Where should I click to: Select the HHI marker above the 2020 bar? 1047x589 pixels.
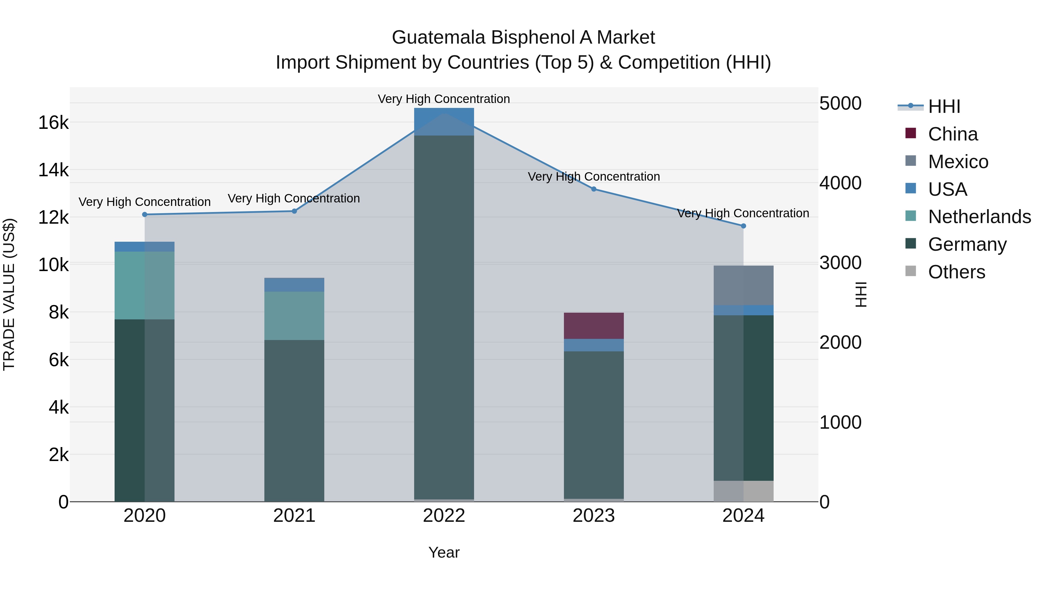[x=145, y=215]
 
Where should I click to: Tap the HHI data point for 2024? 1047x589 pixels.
[x=743, y=226]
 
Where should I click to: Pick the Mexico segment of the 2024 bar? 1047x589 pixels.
[x=743, y=285]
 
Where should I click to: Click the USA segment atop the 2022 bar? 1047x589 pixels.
[x=444, y=121]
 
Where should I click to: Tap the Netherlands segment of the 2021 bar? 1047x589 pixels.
[x=294, y=316]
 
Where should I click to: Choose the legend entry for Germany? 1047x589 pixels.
[x=967, y=244]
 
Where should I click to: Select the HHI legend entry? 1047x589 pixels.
[x=944, y=106]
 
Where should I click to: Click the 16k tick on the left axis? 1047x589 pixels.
[x=53, y=122]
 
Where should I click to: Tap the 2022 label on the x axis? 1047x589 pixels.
[x=444, y=516]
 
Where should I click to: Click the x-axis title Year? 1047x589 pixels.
[x=444, y=552]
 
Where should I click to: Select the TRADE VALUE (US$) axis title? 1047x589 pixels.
[x=9, y=294]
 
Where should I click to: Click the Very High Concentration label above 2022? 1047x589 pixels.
[x=444, y=99]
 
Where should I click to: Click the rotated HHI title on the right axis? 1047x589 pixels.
[x=861, y=294]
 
